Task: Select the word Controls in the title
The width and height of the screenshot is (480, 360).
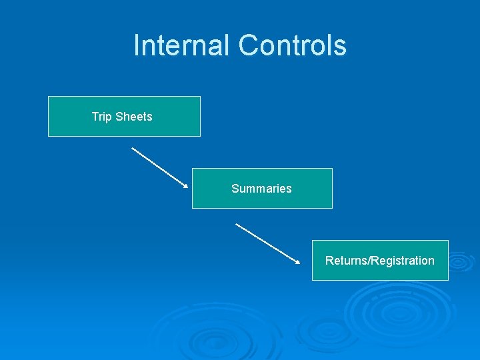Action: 293,45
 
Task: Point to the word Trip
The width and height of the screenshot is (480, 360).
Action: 101,117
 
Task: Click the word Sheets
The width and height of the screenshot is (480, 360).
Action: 134,117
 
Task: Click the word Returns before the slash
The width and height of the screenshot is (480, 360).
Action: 346,261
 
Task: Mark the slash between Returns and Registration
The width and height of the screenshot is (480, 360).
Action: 369,261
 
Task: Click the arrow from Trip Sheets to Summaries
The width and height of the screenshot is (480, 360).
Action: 160,167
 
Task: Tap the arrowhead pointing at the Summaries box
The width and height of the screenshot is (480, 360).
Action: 186,186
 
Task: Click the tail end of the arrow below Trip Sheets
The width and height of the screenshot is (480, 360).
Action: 133,148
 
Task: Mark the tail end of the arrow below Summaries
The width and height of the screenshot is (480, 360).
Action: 237,224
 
